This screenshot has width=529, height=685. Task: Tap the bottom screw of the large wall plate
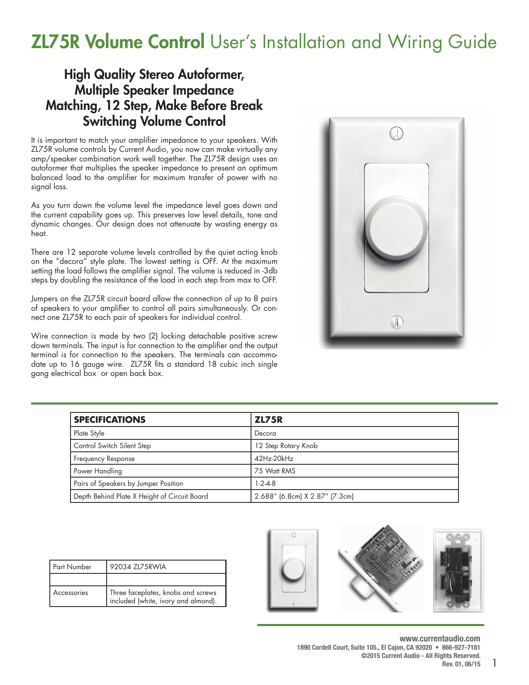tap(397, 322)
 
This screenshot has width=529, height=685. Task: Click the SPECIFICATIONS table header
tap(110, 419)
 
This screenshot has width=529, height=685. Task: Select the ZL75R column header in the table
tap(268, 419)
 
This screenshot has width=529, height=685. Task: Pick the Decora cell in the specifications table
tap(265, 433)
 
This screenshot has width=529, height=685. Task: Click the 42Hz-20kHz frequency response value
tap(274, 458)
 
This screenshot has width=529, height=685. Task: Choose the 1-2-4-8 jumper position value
tap(265, 483)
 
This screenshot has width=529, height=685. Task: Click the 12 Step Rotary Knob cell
tap(286, 446)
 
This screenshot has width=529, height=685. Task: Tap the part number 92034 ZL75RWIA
tap(138, 567)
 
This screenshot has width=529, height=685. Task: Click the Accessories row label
tap(71, 592)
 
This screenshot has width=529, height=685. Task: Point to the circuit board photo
tap(380, 568)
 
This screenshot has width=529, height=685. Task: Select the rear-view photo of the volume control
tap(458, 570)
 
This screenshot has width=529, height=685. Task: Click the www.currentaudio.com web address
tap(440, 639)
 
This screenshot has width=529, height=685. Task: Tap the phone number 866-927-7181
tap(461, 647)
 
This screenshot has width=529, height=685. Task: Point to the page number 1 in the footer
tap(494, 663)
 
